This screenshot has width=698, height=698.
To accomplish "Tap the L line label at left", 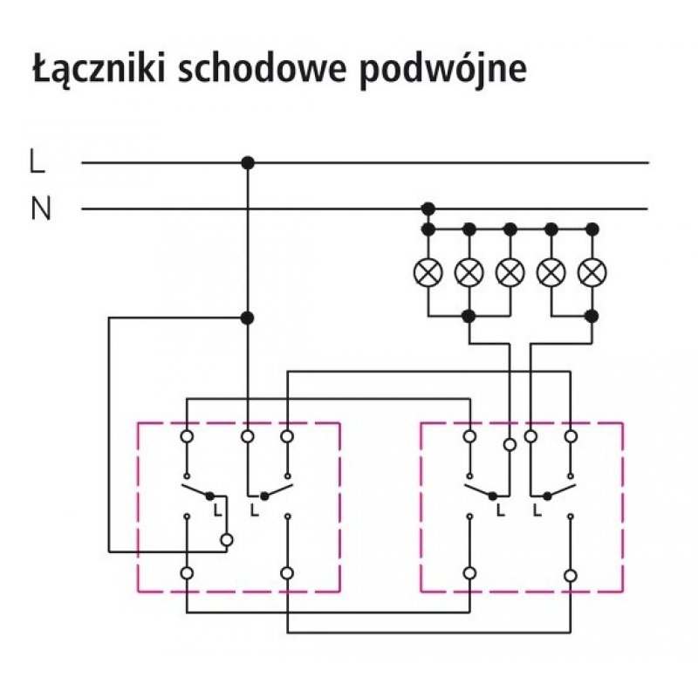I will coord(37,161).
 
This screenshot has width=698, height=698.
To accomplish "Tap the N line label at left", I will coord(40,209).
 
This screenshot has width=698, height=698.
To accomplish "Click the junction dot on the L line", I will coord(248,162).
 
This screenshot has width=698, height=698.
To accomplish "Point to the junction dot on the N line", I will coord(428,209).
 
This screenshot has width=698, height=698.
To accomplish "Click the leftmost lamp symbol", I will coord(428,272).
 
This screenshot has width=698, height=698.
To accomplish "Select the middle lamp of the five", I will coord(510,272).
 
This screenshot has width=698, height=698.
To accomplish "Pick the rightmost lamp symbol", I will coord(593,272).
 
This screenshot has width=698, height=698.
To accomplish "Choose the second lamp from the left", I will coord(469,272).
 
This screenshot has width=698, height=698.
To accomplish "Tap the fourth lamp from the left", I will coord(551,272).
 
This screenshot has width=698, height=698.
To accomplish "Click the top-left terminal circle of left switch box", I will coord(187,434).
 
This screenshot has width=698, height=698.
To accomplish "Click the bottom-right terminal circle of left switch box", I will coord(287,573).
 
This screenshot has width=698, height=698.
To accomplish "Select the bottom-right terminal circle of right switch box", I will coord(571,575).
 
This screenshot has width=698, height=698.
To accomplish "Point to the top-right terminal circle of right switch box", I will coord(571,434).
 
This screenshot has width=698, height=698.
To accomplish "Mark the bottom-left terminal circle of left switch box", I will coord(187,573).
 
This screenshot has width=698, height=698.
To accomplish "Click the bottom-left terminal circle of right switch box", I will coord(469,573).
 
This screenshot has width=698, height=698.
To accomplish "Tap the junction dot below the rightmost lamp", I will coord(593,315).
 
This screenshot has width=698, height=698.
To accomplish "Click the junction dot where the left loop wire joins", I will coord(248,318).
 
